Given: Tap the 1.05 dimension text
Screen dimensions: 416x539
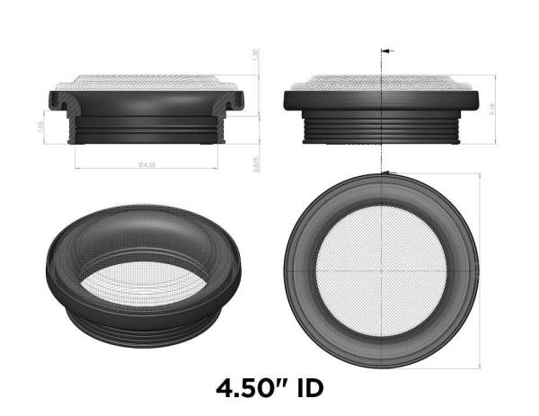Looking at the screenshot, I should tap(40, 128).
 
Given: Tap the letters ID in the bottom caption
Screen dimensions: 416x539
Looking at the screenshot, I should tap(305, 388).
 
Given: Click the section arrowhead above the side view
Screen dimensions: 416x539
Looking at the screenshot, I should tap(385, 50).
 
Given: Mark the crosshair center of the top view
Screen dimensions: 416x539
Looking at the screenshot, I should tap(383, 270).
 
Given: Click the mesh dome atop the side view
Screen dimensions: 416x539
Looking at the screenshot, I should tap(383, 81).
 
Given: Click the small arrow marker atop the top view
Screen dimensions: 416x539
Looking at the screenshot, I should tap(385, 172).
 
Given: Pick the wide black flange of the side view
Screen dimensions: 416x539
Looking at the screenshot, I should tap(383, 100).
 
